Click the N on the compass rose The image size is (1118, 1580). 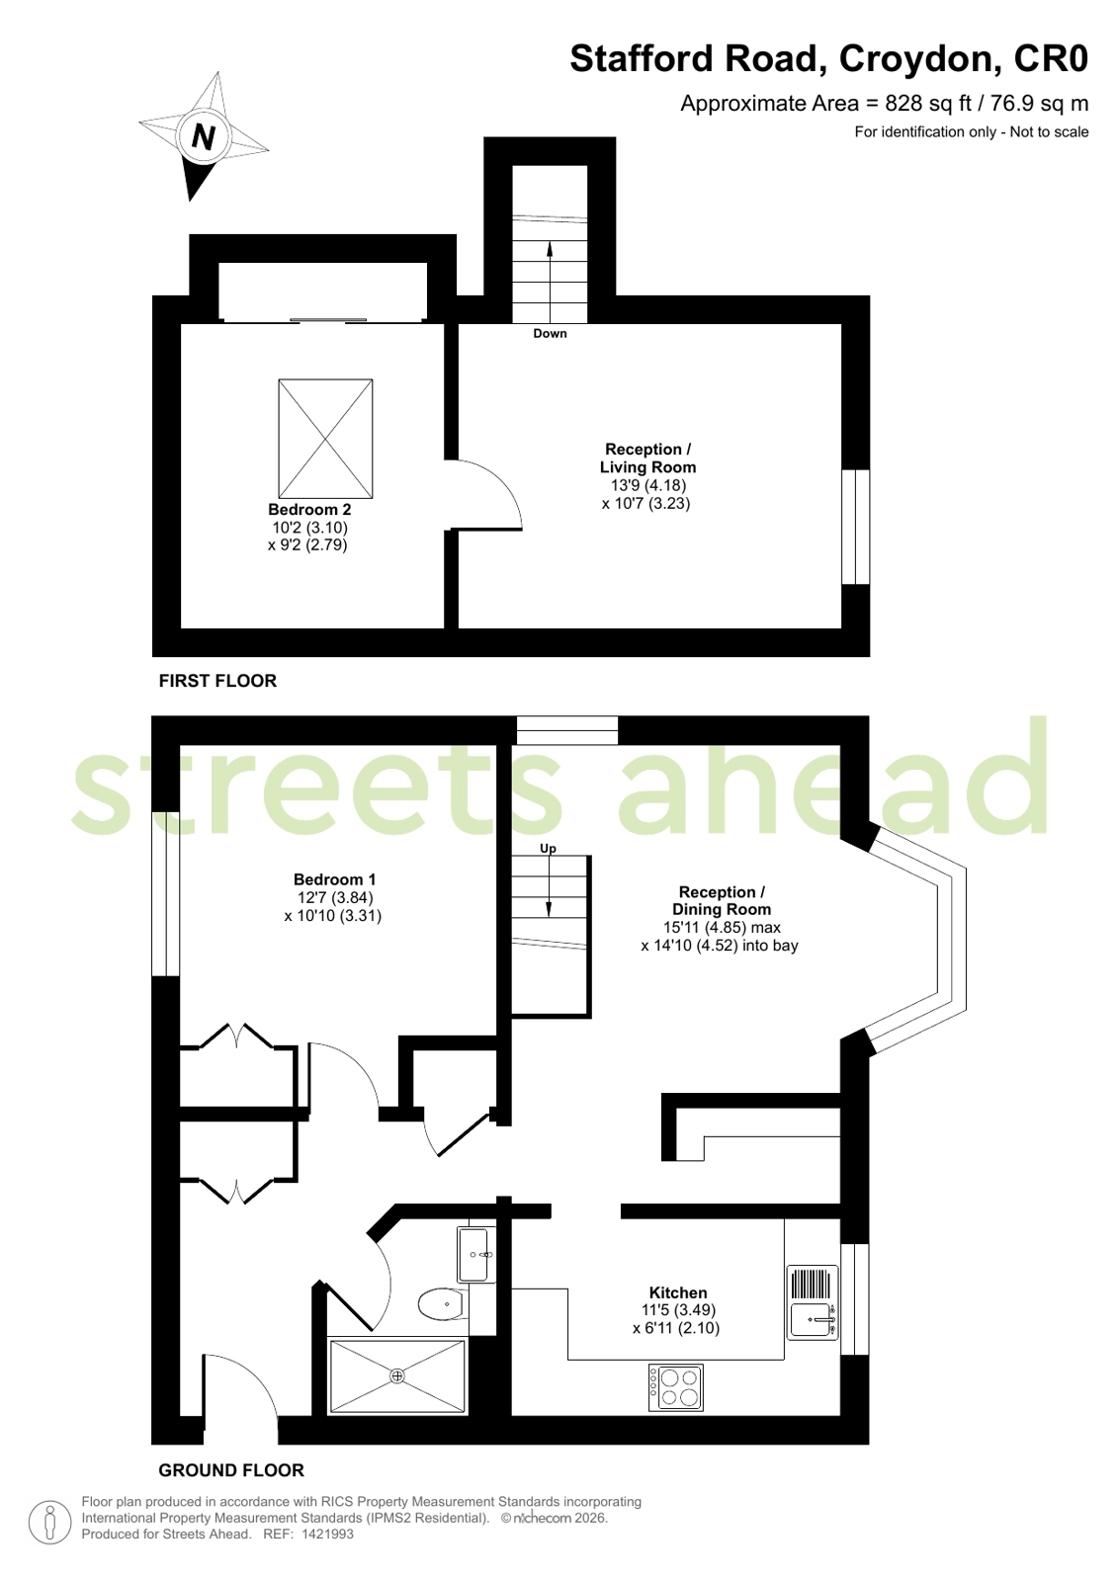(x=203, y=136)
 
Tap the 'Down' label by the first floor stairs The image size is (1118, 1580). (x=550, y=334)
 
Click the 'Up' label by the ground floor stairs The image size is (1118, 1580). (x=548, y=849)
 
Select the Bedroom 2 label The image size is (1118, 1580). (x=309, y=510)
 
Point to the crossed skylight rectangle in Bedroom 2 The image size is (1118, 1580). (x=325, y=439)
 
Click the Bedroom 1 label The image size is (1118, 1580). (x=334, y=879)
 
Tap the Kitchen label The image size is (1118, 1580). (x=678, y=1292)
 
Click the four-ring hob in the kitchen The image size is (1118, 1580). (x=676, y=1387)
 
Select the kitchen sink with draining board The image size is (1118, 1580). (x=813, y=1302)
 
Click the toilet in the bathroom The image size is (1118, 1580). (x=441, y=1304)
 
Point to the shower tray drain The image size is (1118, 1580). (x=397, y=1375)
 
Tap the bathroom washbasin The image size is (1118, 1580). (x=475, y=1255)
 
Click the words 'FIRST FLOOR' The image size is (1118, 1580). (x=217, y=681)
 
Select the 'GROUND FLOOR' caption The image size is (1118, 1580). (x=231, y=1470)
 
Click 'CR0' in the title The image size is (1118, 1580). (x=1051, y=59)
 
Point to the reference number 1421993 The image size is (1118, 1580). (x=327, y=1535)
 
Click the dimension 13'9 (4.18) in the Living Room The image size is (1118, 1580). (x=647, y=485)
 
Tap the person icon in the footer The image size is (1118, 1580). (x=49, y=1522)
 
